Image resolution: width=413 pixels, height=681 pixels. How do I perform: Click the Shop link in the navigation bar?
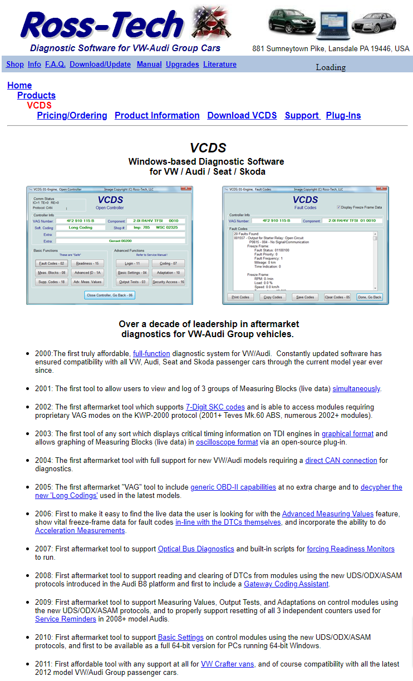click(x=15, y=65)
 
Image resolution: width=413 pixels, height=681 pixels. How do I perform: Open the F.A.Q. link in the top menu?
click(x=55, y=65)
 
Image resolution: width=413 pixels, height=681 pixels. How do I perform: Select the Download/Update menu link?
click(x=100, y=65)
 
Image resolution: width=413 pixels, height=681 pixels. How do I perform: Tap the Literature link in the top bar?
click(x=220, y=65)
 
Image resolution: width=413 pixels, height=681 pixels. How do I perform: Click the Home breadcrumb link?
click(x=19, y=86)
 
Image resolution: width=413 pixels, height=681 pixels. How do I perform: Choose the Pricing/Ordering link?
click(x=72, y=116)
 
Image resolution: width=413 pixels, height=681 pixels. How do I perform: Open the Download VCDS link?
click(x=242, y=116)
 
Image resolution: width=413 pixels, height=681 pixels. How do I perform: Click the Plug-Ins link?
click(x=343, y=116)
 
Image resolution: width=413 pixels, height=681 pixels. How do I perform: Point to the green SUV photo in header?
click(x=292, y=22)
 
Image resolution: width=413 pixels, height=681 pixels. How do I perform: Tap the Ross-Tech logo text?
click(x=103, y=25)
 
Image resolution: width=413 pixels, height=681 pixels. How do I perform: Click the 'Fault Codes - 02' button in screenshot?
click(x=51, y=263)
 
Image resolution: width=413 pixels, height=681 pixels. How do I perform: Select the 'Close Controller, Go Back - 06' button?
click(x=110, y=295)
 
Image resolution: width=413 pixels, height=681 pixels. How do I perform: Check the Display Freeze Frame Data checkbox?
click(x=339, y=208)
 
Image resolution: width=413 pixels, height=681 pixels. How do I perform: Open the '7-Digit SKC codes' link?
click(x=215, y=407)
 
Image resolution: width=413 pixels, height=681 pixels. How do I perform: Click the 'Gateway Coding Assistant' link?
click(x=286, y=584)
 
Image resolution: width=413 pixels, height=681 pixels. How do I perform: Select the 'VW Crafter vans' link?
click(x=227, y=664)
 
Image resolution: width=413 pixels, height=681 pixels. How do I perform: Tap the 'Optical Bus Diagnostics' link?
click(x=196, y=549)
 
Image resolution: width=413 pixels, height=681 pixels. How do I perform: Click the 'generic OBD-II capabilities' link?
click(x=233, y=487)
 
